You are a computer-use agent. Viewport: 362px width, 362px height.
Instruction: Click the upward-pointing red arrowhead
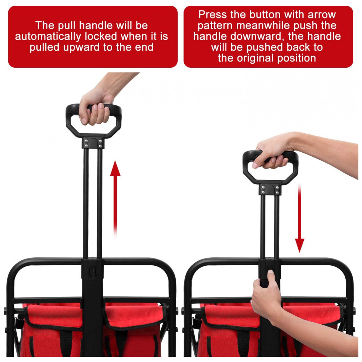click(x=115, y=169)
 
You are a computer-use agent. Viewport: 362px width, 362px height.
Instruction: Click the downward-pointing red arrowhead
click(x=299, y=245)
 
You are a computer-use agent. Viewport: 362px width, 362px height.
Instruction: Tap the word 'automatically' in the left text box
click(x=48, y=37)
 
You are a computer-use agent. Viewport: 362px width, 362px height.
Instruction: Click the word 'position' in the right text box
click(x=296, y=58)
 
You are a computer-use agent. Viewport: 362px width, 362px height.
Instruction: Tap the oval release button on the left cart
click(x=92, y=271)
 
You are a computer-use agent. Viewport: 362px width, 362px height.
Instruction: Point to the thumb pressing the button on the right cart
click(x=270, y=276)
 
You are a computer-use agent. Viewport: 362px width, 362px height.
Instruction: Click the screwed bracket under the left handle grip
click(x=93, y=143)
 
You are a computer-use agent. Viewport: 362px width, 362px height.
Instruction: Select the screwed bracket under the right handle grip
click(x=270, y=189)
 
